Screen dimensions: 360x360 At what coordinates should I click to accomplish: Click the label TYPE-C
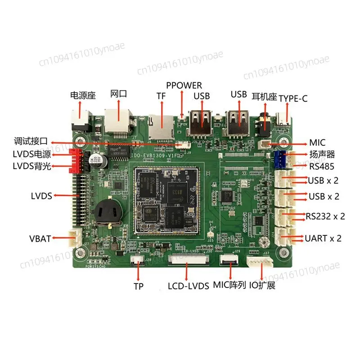click(293, 99)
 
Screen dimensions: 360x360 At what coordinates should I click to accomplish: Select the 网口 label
click(119, 94)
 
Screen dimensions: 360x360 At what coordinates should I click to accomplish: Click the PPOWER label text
click(184, 85)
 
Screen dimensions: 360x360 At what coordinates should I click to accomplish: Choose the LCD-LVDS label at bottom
click(189, 285)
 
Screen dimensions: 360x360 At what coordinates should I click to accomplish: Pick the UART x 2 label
click(324, 238)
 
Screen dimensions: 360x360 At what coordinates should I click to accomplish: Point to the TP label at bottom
click(139, 286)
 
